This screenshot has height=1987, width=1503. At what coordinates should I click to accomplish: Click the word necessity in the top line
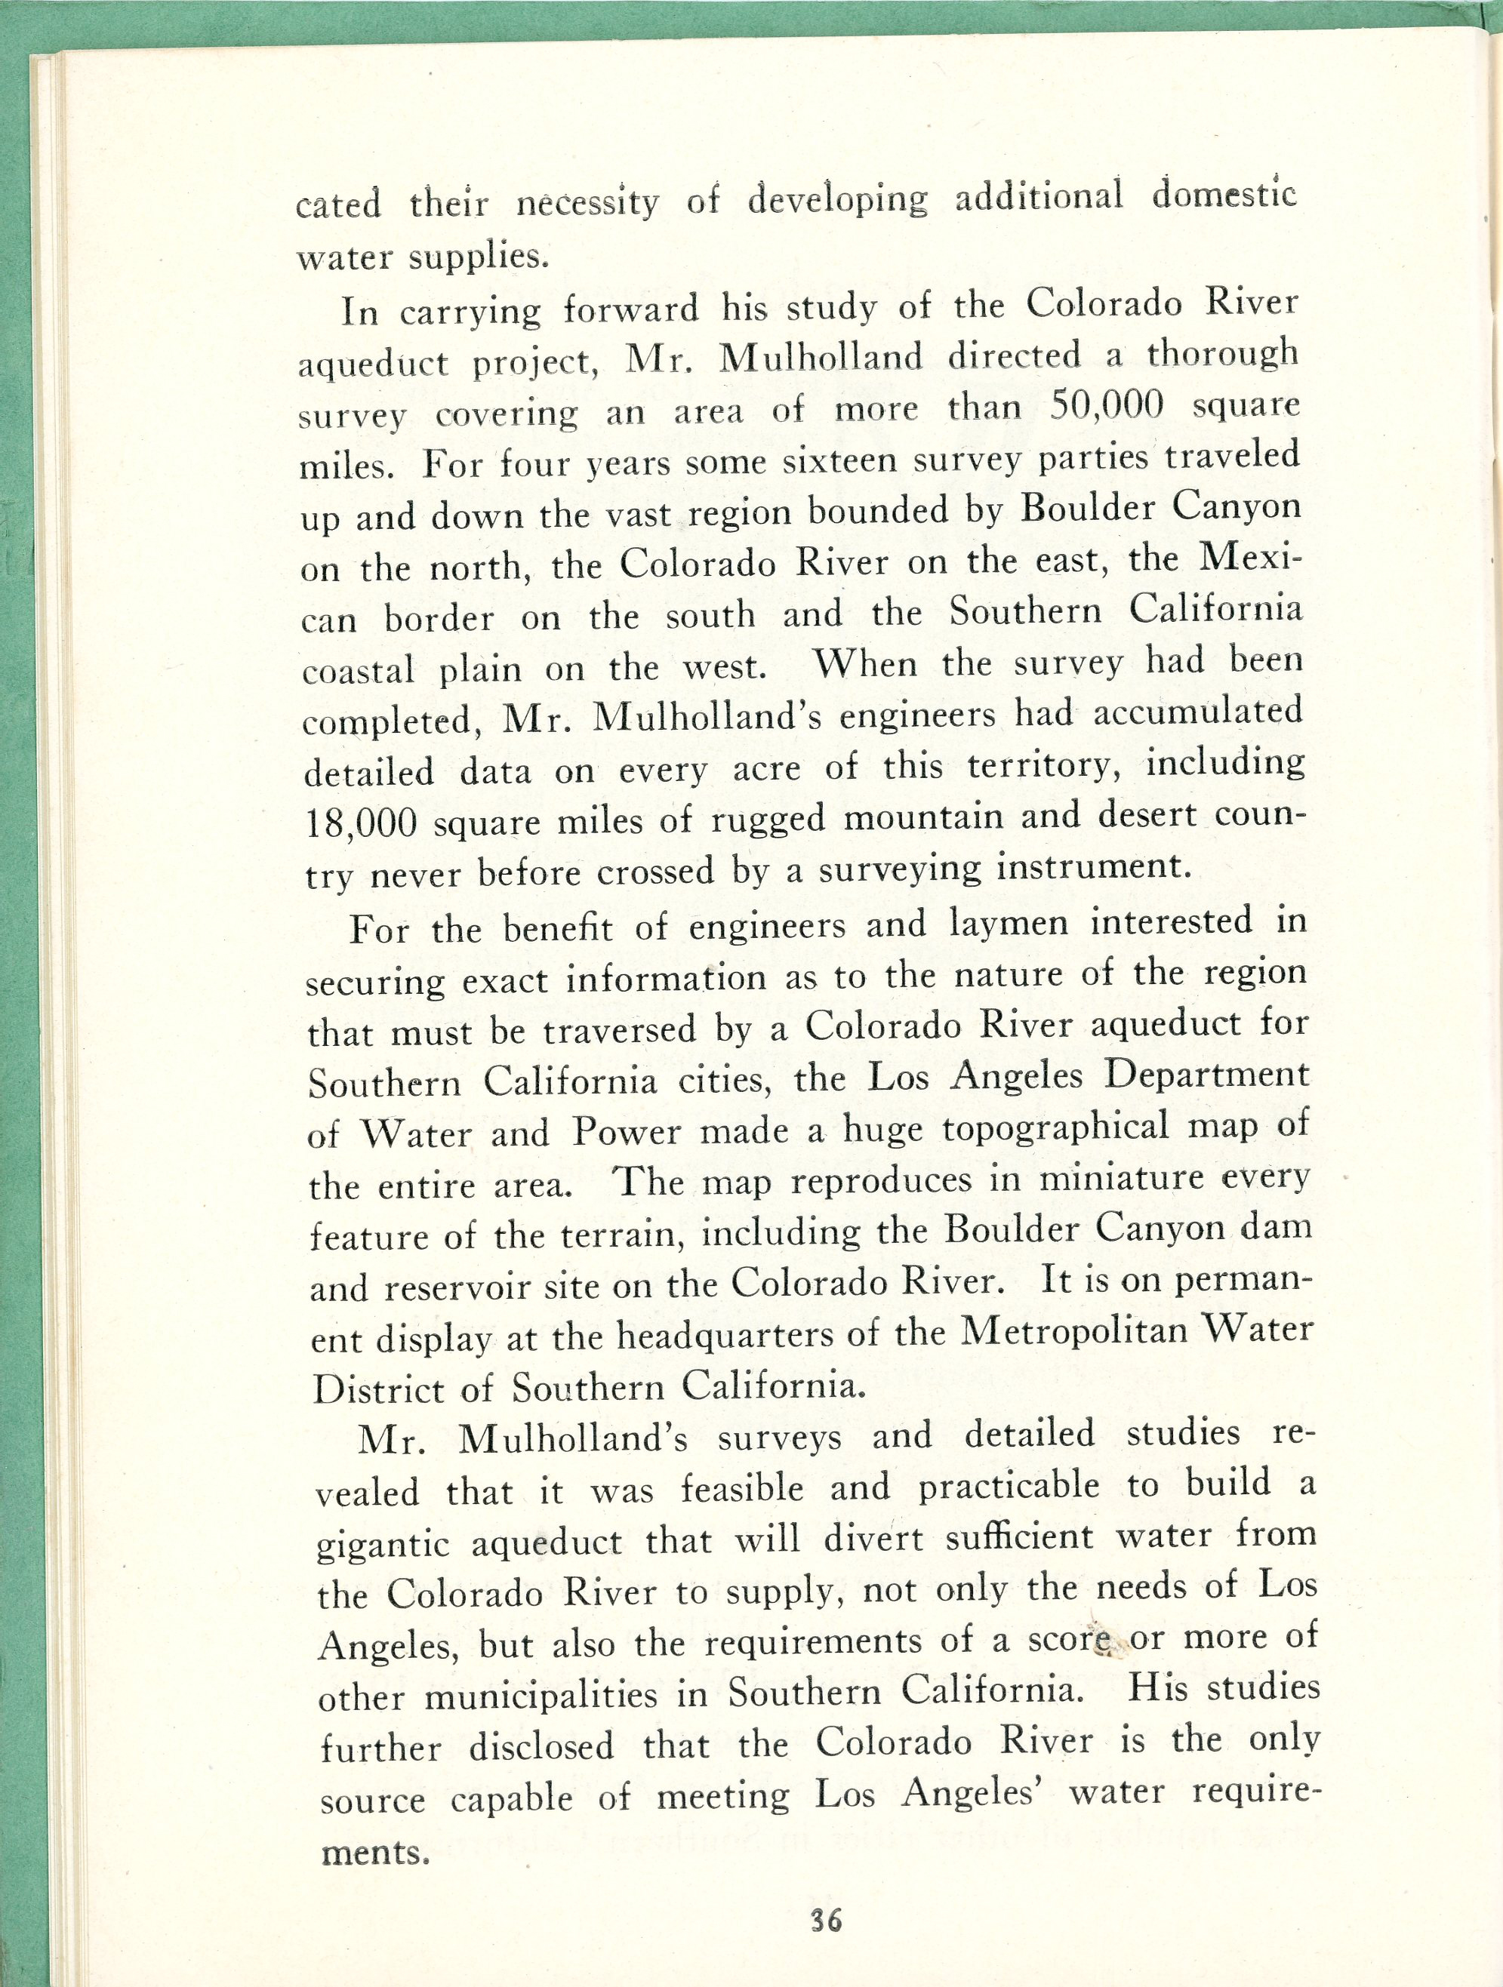[x=587, y=204]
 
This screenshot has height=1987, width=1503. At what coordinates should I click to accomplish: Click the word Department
[x=1206, y=1075]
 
